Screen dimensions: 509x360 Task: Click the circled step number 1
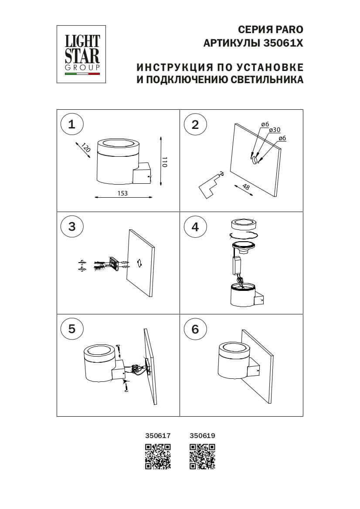tap(72, 125)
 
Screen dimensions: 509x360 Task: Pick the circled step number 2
tap(195, 125)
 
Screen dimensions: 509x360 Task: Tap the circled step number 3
tap(72, 226)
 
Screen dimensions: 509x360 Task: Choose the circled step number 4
tap(195, 226)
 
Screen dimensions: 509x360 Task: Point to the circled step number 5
tap(72, 329)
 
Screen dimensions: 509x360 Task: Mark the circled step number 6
tap(195, 329)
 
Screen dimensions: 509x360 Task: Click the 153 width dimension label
tap(122, 193)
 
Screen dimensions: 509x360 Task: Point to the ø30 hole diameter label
tap(274, 130)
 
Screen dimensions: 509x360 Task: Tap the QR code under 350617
tap(157, 456)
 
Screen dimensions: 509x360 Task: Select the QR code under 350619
tap(202, 456)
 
